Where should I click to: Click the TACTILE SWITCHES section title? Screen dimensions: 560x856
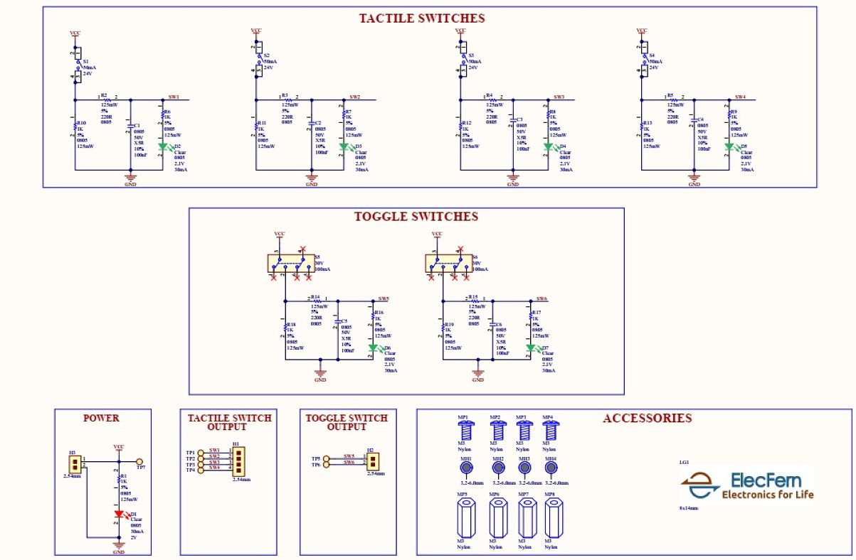(x=421, y=18)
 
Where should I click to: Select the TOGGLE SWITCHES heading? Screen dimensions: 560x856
(x=416, y=217)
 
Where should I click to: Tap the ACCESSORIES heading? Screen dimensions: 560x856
(x=647, y=418)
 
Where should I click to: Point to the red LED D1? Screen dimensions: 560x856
(x=120, y=513)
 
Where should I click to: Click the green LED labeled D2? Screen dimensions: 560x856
(x=162, y=147)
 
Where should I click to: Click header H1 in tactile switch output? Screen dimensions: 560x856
(x=238, y=461)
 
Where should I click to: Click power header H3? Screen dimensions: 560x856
(x=73, y=463)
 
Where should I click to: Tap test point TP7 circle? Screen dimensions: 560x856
(x=139, y=461)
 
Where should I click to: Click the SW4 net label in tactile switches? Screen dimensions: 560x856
(x=740, y=97)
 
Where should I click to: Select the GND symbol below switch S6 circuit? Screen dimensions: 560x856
(x=478, y=372)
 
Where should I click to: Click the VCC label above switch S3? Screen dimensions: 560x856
(x=460, y=31)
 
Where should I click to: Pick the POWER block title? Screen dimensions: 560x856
(x=101, y=418)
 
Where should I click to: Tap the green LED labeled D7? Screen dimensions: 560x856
(x=531, y=348)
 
